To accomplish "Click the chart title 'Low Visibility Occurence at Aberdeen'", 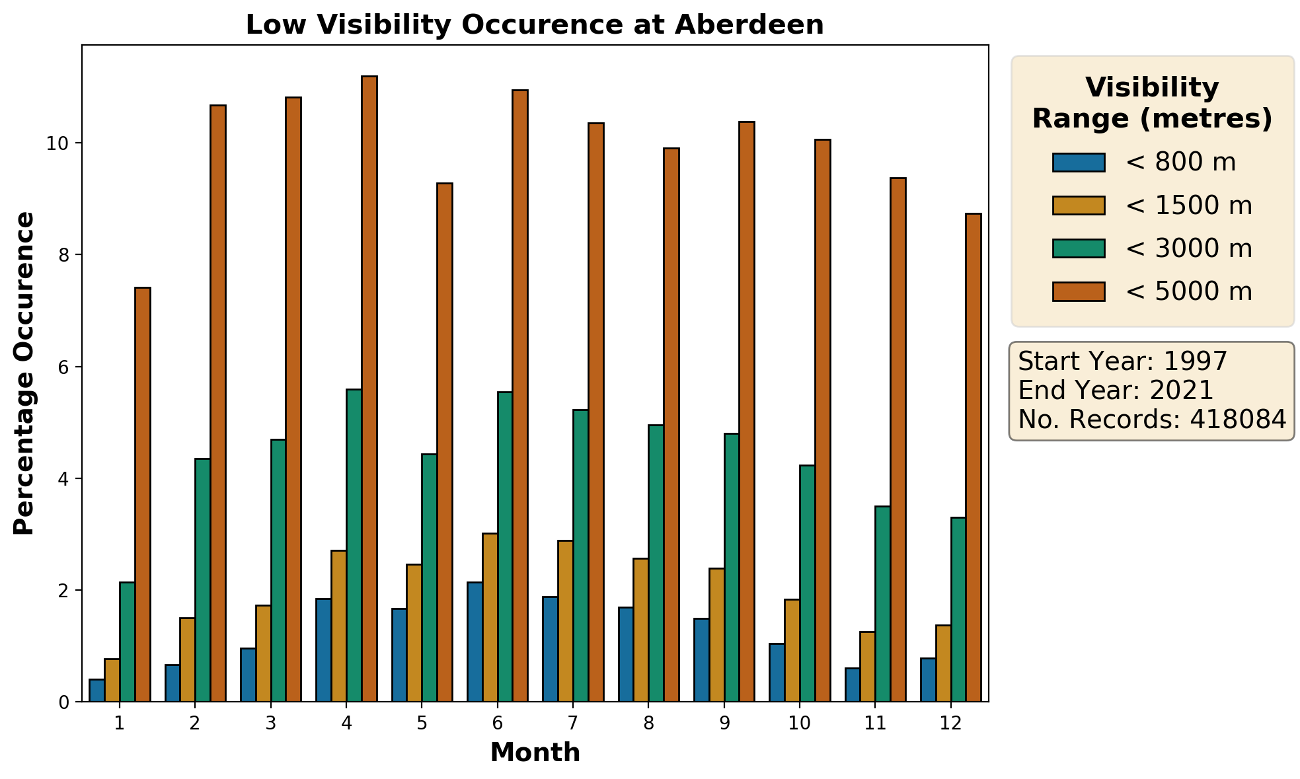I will pos(535,25).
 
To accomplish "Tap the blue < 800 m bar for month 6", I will pos(475,642).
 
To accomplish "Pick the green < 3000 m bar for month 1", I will pos(127,642).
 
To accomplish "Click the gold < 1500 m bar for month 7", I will pos(566,621).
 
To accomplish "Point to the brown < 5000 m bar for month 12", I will pos(974,457).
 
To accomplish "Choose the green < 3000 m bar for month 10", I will pos(807,583).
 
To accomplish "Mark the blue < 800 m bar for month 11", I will pos(853,685).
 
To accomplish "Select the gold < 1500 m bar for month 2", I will pos(187,659).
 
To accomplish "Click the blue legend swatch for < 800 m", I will pos(1079,163).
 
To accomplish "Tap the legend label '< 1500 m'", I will pos(1188,205).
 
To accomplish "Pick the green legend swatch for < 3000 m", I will pos(1079,248).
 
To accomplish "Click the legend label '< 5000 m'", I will pos(1188,291).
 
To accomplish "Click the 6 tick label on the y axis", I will pos(63,367).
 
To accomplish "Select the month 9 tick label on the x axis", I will pos(724,723).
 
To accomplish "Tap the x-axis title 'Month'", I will pos(535,753).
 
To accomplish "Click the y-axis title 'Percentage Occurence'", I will pos(24,373).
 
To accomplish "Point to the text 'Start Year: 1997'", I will pos(1122,361).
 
